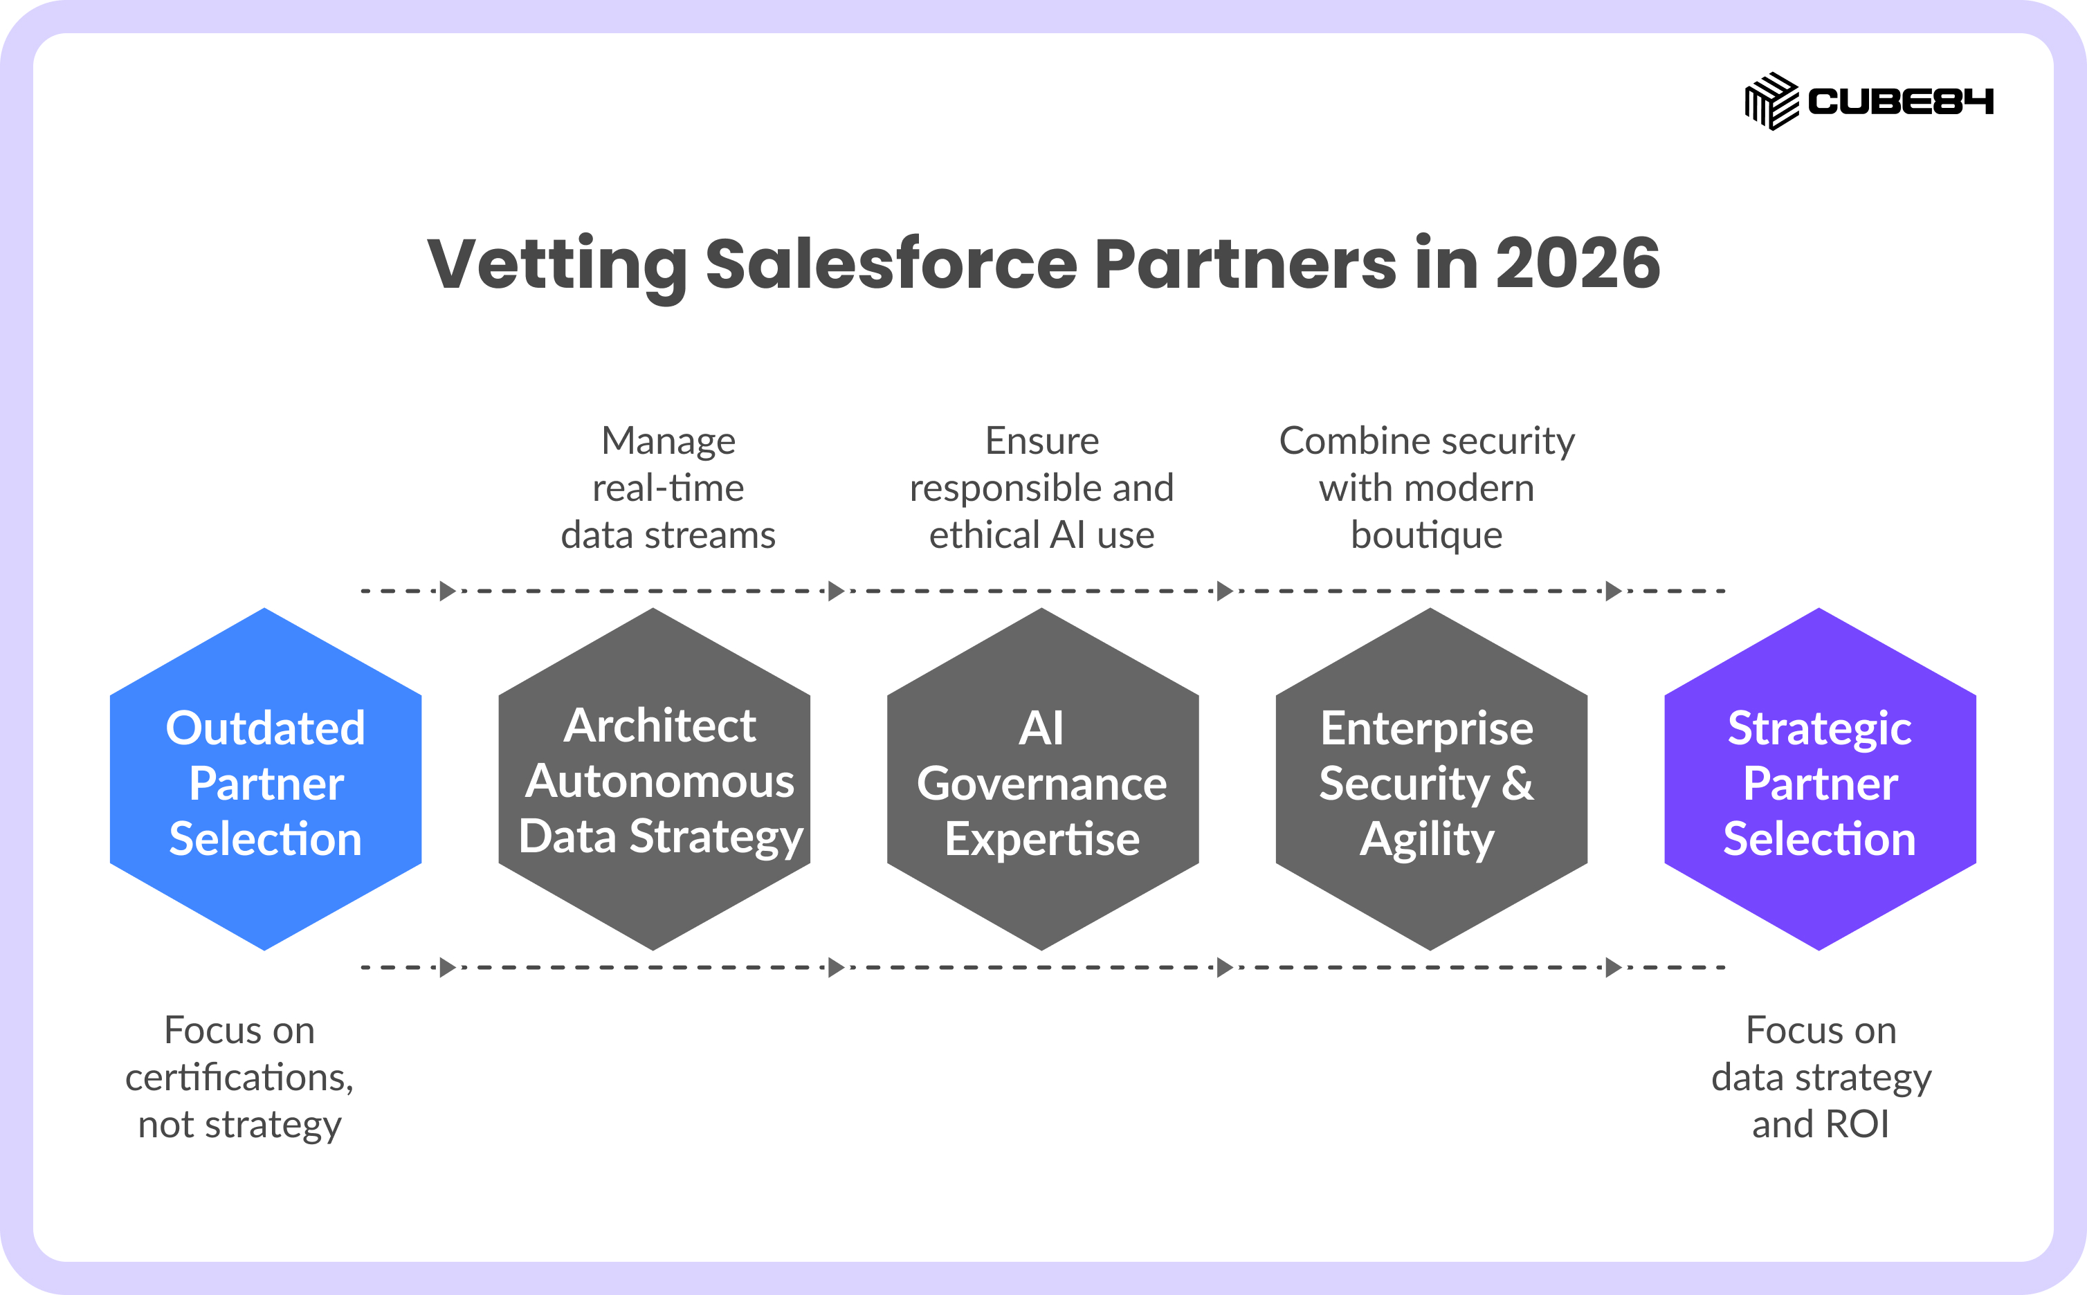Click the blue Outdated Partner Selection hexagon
click(x=266, y=780)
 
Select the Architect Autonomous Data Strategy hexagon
click(x=654, y=780)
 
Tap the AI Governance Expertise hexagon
click(x=1043, y=780)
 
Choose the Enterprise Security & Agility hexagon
click(x=1431, y=780)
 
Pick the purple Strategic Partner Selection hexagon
click(x=1820, y=780)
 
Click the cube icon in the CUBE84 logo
click(x=1771, y=101)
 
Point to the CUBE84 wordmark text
click(x=1900, y=102)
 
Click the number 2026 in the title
click(x=1578, y=263)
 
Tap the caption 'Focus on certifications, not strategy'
click(x=240, y=1078)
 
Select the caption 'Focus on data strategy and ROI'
click(x=1821, y=1078)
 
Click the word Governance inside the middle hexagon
click(x=1042, y=784)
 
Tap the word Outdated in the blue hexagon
click(x=266, y=728)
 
